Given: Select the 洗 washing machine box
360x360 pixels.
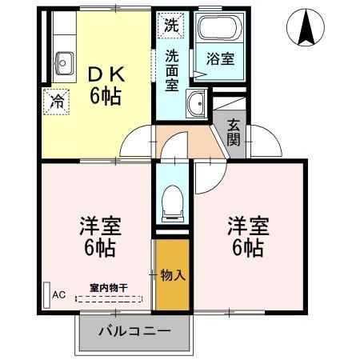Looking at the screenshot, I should pyautogui.click(x=170, y=24).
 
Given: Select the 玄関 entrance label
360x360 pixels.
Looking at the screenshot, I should pyautogui.click(x=234, y=132).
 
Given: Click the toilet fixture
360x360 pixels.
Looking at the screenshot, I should pyautogui.click(x=172, y=200).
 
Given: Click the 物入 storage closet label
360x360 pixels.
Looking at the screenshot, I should pyautogui.click(x=173, y=275).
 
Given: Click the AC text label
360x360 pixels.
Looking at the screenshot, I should pyautogui.click(x=59, y=294).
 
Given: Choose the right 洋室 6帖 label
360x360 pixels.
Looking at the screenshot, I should pyautogui.click(x=246, y=235).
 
